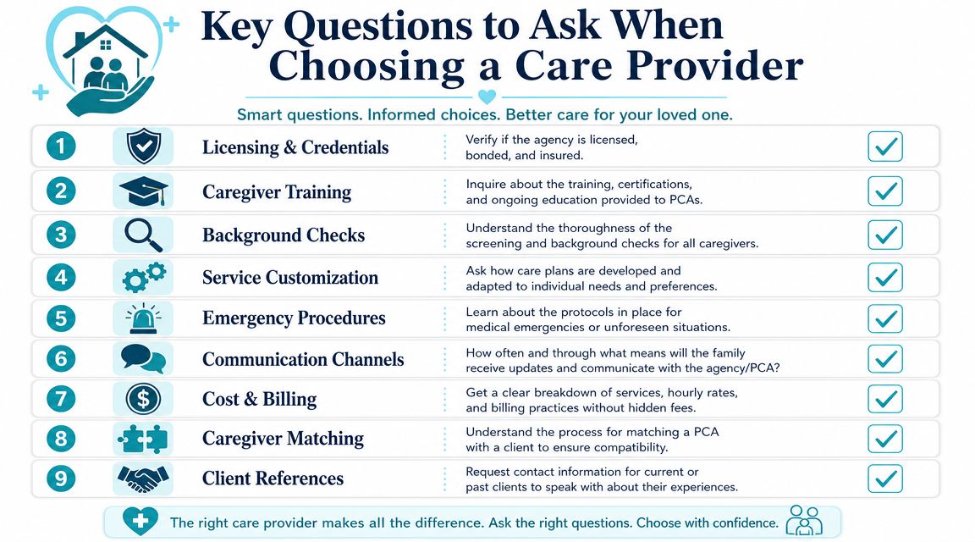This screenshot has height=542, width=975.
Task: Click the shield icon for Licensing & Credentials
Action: coord(144,147)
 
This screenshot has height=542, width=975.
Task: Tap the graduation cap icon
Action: coord(144,191)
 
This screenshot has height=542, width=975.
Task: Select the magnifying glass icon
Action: coord(144,235)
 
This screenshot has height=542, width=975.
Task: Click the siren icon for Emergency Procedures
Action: coord(144,318)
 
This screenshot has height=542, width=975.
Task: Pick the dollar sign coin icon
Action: coord(144,399)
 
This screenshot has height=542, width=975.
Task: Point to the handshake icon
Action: coord(144,478)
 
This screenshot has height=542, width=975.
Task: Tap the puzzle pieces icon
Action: coord(144,439)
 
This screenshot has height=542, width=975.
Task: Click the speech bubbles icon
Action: coord(144,359)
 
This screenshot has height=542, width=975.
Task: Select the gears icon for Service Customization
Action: coord(144,278)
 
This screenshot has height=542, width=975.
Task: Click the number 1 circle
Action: coord(61,147)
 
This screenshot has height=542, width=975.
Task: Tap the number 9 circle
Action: coord(61,478)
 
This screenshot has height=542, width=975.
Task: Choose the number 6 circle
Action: coord(61,359)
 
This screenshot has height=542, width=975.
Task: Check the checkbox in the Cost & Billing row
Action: coord(884,399)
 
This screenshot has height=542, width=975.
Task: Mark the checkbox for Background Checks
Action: coord(884,235)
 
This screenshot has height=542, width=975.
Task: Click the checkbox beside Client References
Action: coord(884,478)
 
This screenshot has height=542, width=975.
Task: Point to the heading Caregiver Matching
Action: coord(283,439)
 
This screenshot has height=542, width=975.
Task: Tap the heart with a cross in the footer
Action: coord(140,522)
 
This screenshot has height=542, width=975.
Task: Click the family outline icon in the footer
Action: coord(805,521)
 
